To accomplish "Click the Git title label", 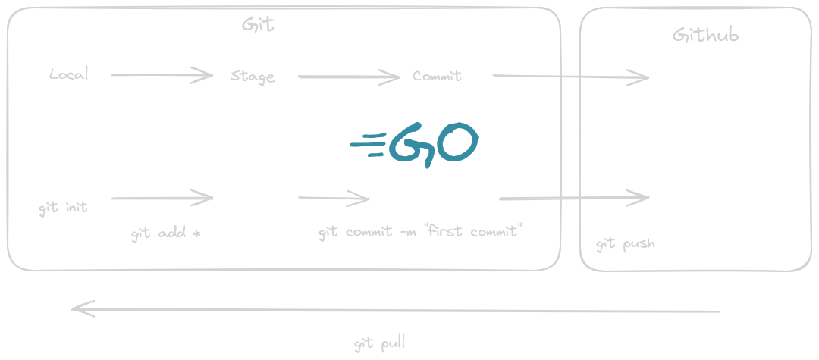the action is (258, 24).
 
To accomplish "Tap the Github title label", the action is (705, 35).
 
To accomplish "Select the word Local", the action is (69, 74).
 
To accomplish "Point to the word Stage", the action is (253, 77).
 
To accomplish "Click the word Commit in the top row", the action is (437, 76).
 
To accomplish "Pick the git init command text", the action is (63, 208).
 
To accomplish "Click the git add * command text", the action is (166, 233).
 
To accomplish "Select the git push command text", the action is (625, 243).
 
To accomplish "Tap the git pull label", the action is (380, 344).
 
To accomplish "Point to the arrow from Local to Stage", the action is (162, 75).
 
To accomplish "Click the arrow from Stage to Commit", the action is (349, 77).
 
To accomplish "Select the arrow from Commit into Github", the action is (571, 77).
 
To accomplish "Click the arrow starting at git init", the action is (162, 199).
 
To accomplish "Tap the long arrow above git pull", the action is (395, 311).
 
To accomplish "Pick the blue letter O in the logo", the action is (457, 141).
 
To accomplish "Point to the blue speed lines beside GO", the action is (369, 145).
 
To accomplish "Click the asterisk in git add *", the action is (196, 233).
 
